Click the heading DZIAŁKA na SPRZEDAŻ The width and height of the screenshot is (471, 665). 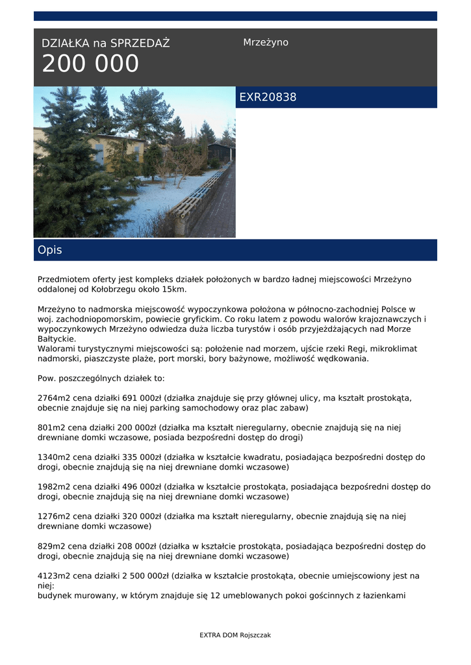click(105, 44)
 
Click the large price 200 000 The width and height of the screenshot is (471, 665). click(90, 64)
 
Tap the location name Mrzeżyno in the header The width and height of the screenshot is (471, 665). click(266, 42)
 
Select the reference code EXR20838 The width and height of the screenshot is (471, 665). click(268, 97)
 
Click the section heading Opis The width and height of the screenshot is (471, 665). click(50, 250)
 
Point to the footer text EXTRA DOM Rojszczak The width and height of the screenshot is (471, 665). click(235, 635)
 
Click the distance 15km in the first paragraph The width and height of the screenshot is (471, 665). click(175, 289)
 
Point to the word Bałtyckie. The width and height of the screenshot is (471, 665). click(57, 339)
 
